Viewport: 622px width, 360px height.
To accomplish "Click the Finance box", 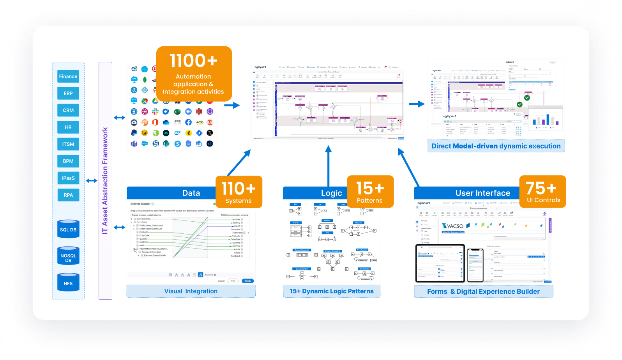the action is tap(68, 76).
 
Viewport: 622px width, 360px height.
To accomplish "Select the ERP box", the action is tap(68, 94).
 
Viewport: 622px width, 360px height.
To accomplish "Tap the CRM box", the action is tap(68, 110).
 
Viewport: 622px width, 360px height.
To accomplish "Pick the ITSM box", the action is tap(68, 144).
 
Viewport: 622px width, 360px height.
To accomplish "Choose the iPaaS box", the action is tap(68, 178).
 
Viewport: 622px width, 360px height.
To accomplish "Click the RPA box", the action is tap(68, 195).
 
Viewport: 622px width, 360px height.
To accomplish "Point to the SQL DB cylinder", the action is tap(68, 230).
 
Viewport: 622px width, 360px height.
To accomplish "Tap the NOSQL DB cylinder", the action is tap(68, 258).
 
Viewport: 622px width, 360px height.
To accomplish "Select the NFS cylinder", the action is tap(68, 283).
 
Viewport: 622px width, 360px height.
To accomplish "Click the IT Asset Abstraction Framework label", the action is tap(105, 181).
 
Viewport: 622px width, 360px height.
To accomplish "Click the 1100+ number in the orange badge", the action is tap(193, 61).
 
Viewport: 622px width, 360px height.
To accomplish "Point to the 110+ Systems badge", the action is tap(239, 192).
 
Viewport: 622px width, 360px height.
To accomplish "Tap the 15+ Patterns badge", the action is tap(370, 192).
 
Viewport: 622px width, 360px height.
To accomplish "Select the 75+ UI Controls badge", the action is tap(543, 192).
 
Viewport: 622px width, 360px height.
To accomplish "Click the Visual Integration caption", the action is tap(191, 291).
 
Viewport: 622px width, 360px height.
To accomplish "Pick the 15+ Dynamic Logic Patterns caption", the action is tap(332, 291).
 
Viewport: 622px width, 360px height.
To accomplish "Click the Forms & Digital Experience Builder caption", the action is tap(483, 291).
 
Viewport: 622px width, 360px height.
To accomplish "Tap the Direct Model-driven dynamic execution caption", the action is tap(496, 146).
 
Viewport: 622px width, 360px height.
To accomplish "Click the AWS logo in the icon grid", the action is tap(177, 122).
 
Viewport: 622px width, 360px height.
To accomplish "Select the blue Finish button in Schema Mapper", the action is tap(247, 281).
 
